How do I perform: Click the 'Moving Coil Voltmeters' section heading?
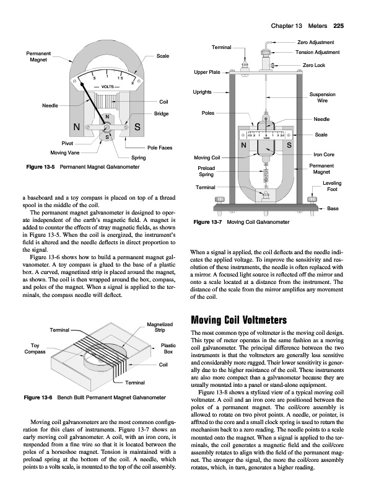click(x=239, y=320)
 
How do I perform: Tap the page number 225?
click(x=339, y=26)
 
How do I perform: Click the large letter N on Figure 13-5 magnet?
click(x=77, y=127)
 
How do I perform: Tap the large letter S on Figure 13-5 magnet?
click(x=137, y=127)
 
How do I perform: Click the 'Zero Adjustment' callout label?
click(x=315, y=42)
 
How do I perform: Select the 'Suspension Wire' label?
click(x=323, y=97)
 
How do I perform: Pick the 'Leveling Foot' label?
click(x=332, y=186)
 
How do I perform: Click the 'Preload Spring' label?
click(x=206, y=171)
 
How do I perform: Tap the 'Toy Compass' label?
click(x=35, y=348)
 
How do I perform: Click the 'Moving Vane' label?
click(x=65, y=153)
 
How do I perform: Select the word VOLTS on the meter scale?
click(x=108, y=86)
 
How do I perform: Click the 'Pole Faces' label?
click(x=160, y=148)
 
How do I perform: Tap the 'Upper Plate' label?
click(x=207, y=72)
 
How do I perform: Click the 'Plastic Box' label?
click(x=168, y=348)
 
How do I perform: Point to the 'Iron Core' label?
click(x=324, y=154)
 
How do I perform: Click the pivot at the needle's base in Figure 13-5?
click(x=107, y=127)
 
